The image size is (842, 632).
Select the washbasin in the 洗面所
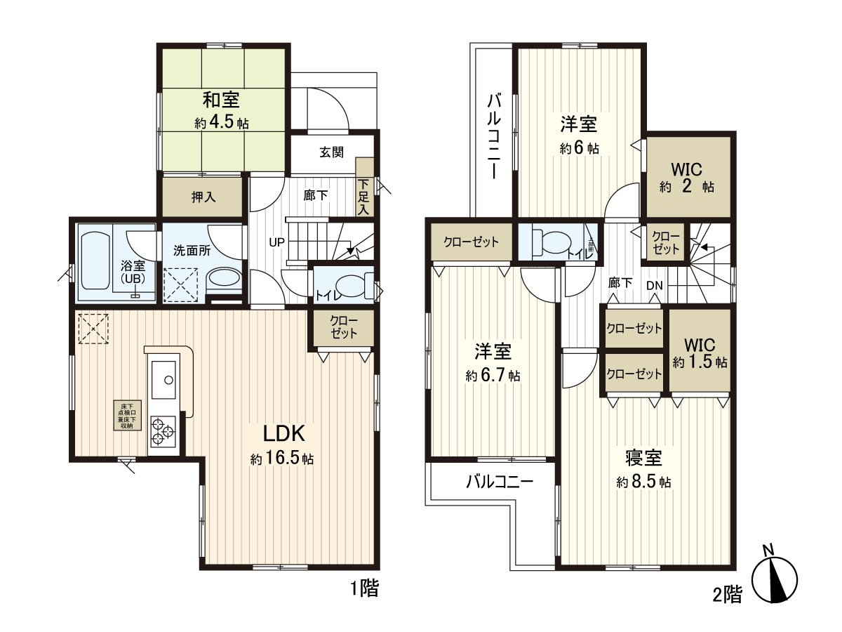(x=225, y=279)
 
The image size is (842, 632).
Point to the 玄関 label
(x=332, y=152)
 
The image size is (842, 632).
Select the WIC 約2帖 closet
(x=688, y=178)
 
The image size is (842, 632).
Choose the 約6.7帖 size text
(x=493, y=376)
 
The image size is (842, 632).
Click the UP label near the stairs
(x=276, y=242)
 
